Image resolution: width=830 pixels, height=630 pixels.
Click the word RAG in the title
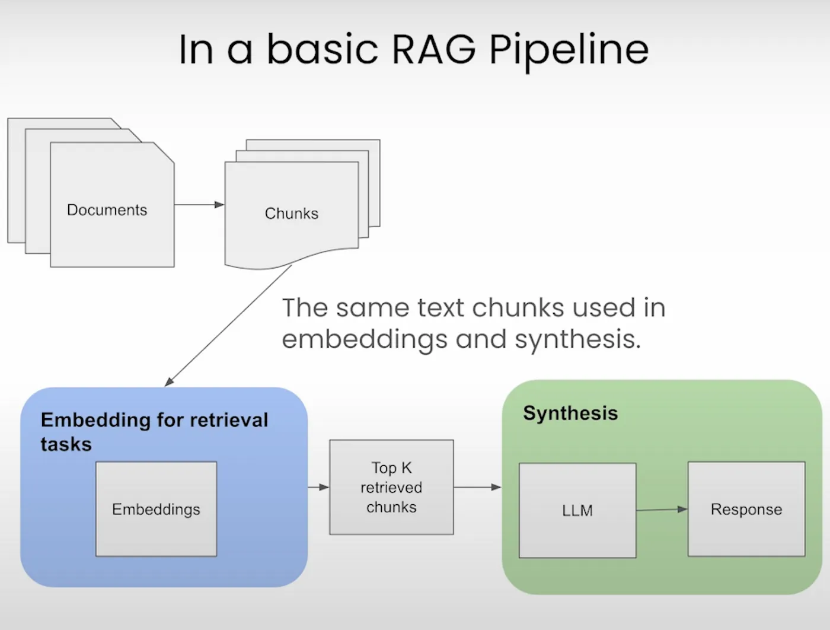pyautogui.click(x=434, y=50)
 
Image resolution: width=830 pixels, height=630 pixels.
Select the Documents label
pyautogui.click(x=107, y=210)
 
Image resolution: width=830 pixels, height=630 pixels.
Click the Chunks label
pyautogui.click(x=292, y=214)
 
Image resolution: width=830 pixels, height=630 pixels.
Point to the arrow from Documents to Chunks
pyautogui.click(x=199, y=205)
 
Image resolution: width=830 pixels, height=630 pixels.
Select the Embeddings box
pyautogui.click(x=156, y=509)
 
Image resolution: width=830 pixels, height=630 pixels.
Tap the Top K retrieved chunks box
pyautogui.click(x=391, y=487)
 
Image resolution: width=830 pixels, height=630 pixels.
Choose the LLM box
pyautogui.click(x=577, y=510)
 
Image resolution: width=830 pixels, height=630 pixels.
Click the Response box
pyautogui.click(x=746, y=509)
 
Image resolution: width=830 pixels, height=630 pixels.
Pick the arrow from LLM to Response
pyautogui.click(x=662, y=510)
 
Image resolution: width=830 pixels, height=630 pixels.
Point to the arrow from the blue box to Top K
pyautogui.click(x=318, y=487)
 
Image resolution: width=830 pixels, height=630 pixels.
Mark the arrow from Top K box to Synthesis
pyautogui.click(x=478, y=487)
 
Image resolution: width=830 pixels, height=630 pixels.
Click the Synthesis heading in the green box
pyautogui.click(x=570, y=413)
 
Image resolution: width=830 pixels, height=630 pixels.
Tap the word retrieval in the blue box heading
pyautogui.click(x=229, y=420)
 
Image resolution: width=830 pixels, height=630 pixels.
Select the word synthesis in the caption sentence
pyautogui.click(x=578, y=340)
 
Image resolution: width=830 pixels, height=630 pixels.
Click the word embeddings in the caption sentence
pyautogui.click(x=365, y=340)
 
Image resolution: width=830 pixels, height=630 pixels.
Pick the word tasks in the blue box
pyautogui.click(x=66, y=444)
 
